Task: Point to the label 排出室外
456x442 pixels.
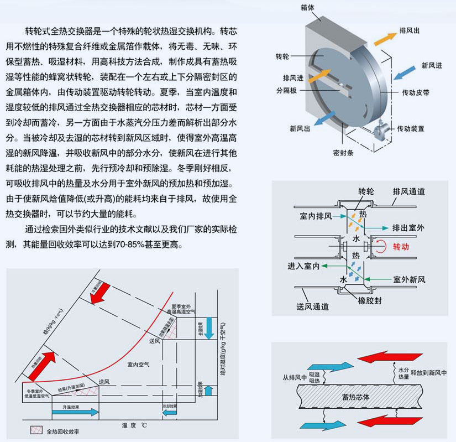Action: (408, 227)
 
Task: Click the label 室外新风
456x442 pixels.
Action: (409, 280)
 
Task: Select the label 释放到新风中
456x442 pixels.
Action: (429, 373)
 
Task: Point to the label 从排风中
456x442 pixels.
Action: (293, 378)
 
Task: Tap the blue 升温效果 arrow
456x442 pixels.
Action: (75, 413)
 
